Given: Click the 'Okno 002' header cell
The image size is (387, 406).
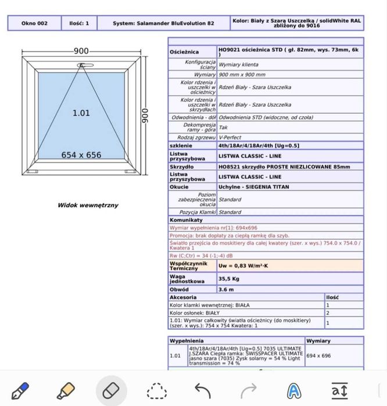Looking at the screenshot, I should pos(34,23).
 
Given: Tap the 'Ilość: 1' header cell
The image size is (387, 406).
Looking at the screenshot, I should pos(79,23).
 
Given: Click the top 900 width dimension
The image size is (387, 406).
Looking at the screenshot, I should pos(81,51).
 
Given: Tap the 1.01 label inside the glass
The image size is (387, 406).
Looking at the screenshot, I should pos(81,113).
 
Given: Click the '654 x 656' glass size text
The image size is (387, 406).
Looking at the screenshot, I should pos(81,155).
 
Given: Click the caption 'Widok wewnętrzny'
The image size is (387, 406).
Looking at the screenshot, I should pos(87,205).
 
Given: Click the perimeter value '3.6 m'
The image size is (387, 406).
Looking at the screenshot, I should pos(226,289).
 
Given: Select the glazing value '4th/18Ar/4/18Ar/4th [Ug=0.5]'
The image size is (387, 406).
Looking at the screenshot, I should pos(259,145).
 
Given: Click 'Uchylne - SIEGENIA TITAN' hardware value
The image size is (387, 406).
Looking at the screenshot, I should pos(253,187).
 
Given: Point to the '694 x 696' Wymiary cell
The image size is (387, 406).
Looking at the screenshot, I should pos(318,355).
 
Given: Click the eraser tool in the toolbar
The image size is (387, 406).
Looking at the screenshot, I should pos(110,389).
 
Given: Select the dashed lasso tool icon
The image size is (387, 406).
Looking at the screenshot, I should pos(156,390).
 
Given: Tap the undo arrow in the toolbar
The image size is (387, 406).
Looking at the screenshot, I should pos(202,390).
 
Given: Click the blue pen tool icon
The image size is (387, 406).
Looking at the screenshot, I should pos(20,389).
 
